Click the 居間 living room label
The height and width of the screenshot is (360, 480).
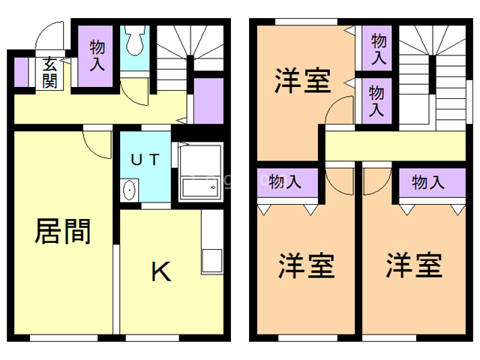[63, 231]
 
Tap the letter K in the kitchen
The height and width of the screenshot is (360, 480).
[160, 271]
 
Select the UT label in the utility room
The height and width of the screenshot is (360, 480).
[145, 159]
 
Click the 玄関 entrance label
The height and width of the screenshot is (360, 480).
[49, 73]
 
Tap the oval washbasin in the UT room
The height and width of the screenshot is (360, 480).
[129, 190]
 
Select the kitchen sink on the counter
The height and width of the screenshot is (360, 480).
[210, 261]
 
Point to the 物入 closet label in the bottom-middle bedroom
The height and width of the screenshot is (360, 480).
[285, 181]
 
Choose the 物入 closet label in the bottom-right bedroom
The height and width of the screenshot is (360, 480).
[428, 181]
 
